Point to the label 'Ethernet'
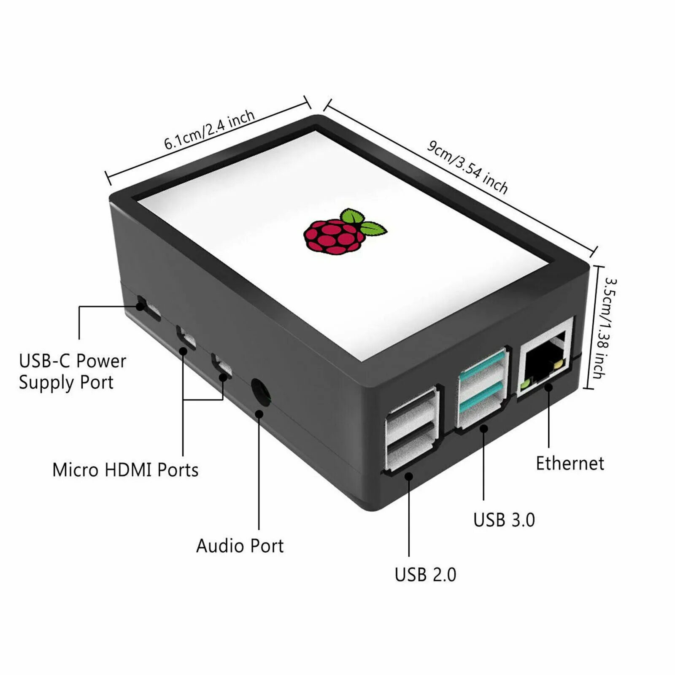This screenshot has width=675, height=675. pos(570,463)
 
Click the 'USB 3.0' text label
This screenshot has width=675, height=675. pos(504,520)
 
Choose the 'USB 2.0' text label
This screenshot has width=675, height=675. pos(425,575)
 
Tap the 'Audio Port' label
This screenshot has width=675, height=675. pos(240,546)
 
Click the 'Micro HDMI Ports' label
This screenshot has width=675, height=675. pos(125,470)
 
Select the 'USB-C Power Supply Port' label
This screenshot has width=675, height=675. pos(72,372)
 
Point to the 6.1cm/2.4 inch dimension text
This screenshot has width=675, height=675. pos(209,130)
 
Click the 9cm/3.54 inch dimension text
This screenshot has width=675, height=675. pos(467,166)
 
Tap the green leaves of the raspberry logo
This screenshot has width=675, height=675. pos(363,222)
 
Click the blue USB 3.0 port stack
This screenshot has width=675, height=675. pos(483,388)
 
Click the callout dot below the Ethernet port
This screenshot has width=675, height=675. pos(548,387)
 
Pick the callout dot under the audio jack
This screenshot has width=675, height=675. pos(259,414)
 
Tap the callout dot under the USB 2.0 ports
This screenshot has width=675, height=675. pos(408,476)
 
